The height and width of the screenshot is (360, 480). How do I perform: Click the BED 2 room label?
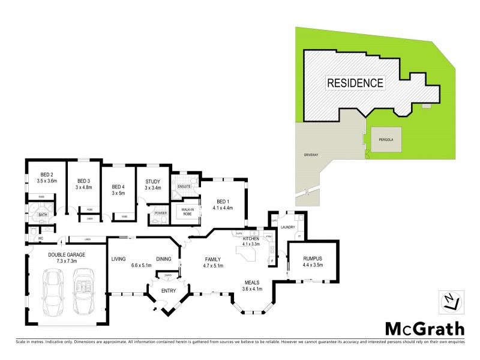tap(40, 174)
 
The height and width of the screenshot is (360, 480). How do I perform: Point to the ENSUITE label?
tap(184, 187)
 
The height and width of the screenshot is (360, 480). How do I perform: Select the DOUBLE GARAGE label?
tap(67, 254)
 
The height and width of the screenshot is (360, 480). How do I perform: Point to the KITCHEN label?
tap(250, 238)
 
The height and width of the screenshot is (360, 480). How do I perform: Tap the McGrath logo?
tap(424, 329)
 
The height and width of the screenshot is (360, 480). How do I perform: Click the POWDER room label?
tap(160, 213)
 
